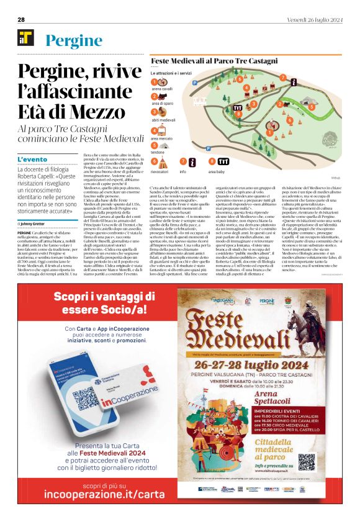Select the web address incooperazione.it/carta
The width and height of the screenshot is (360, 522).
click(x=100, y=495)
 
